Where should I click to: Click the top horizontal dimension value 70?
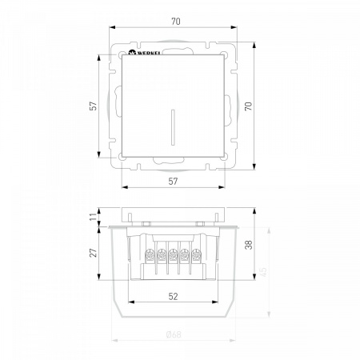[x=176, y=22]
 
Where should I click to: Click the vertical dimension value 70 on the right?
[x=248, y=106]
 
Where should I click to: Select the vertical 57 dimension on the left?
[x=93, y=106]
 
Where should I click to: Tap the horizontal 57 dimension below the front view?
[x=173, y=182]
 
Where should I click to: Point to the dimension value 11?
[x=93, y=216]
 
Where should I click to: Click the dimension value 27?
[x=93, y=253]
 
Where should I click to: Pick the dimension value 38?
[x=248, y=245]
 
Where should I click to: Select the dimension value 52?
[x=173, y=296]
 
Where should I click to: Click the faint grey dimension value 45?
[x=263, y=272]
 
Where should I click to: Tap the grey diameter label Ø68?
[x=174, y=334]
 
